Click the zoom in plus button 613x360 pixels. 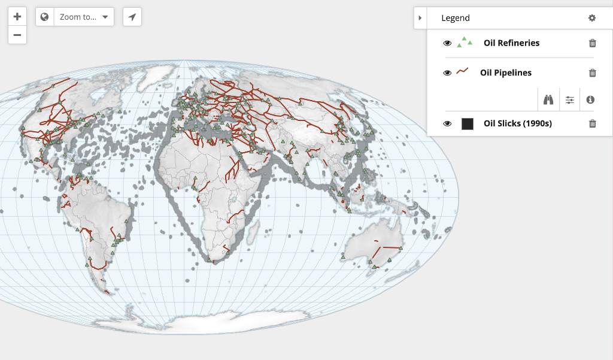(x=17, y=17)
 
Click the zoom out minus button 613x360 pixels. (x=17, y=35)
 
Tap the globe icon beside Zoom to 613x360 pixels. (x=45, y=17)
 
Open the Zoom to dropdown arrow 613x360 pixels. (x=105, y=17)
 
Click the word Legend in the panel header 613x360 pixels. (x=456, y=18)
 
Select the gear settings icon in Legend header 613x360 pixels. (x=592, y=18)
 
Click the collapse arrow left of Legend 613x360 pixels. (x=420, y=18)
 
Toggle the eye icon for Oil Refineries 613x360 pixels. (x=447, y=43)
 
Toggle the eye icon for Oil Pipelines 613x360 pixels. (x=447, y=73)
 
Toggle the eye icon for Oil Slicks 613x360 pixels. (x=447, y=124)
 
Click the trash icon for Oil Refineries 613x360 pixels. (x=593, y=43)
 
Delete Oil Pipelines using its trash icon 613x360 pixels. (x=593, y=73)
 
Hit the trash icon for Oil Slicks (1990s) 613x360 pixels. (x=593, y=124)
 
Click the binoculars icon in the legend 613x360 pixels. (x=548, y=100)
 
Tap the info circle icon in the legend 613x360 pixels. (x=590, y=100)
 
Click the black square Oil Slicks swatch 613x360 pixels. (x=468, y=124)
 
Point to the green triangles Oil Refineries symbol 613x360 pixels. (x=465, y=42)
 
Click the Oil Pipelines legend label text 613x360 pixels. (x=506, y=73)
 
